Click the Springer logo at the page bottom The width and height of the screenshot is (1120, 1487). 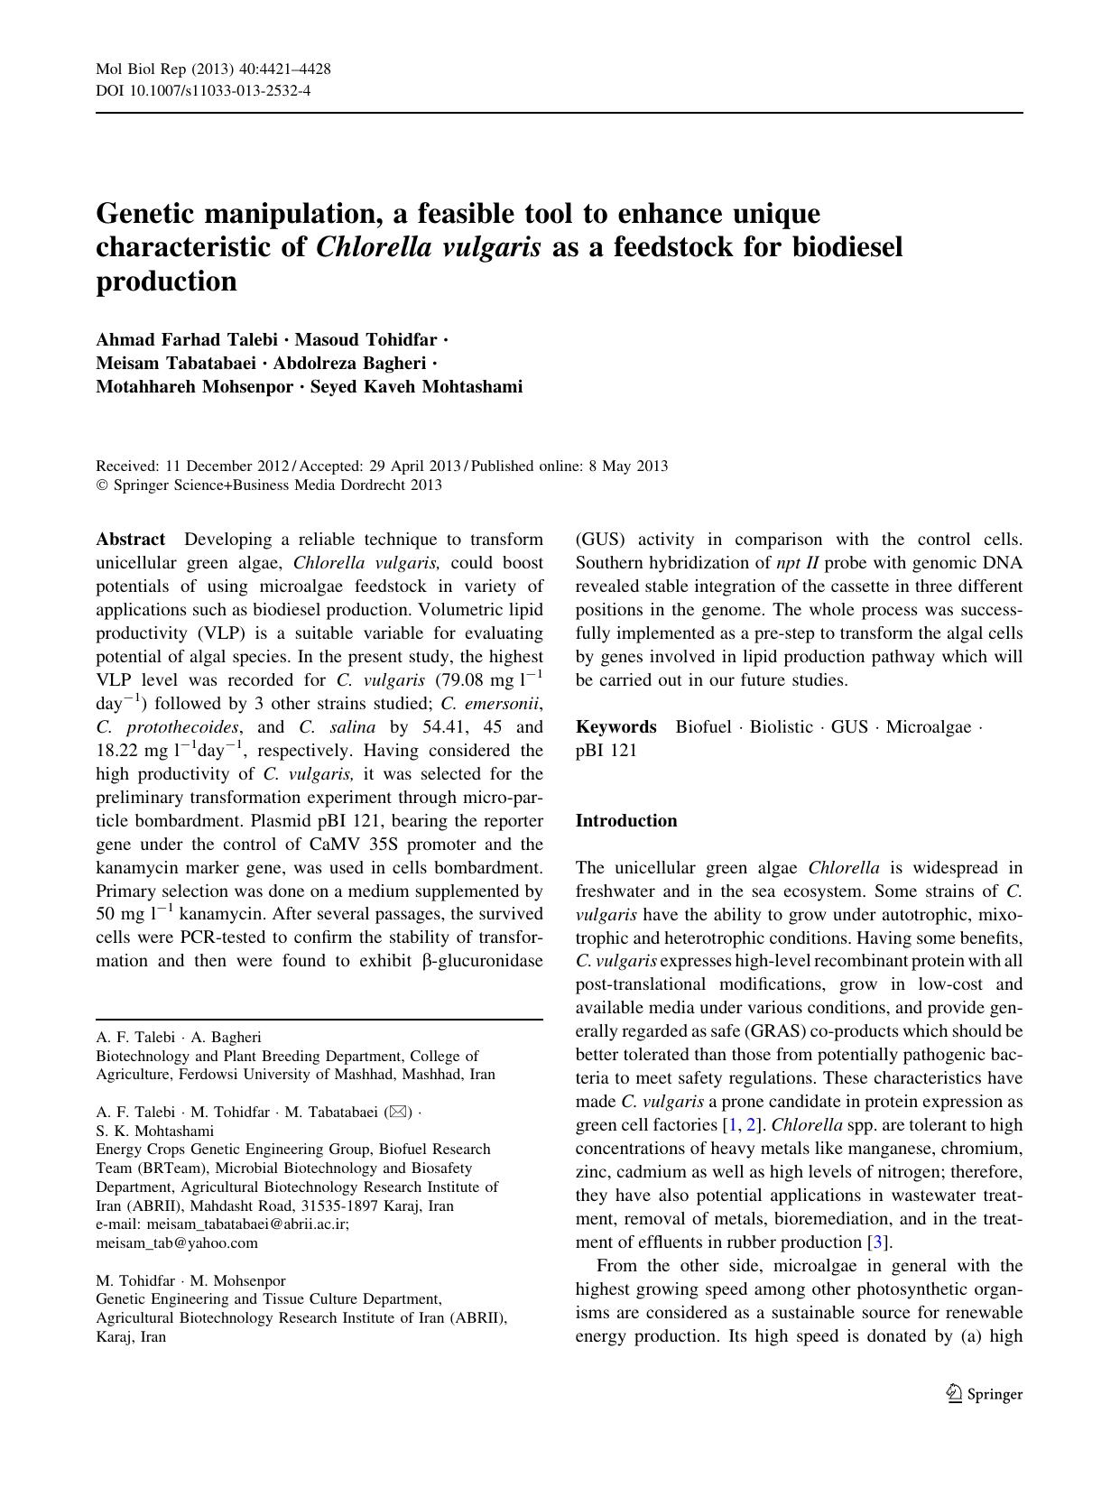point(985,1394)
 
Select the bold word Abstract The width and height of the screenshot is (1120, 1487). point(131,540)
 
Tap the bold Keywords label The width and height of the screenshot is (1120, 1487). point(616,727)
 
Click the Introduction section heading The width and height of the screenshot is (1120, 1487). point(626,821)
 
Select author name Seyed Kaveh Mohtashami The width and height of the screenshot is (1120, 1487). point(416,387)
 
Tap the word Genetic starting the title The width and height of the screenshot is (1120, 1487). point(153,215)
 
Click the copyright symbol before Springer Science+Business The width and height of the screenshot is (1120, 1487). point(101,485)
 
